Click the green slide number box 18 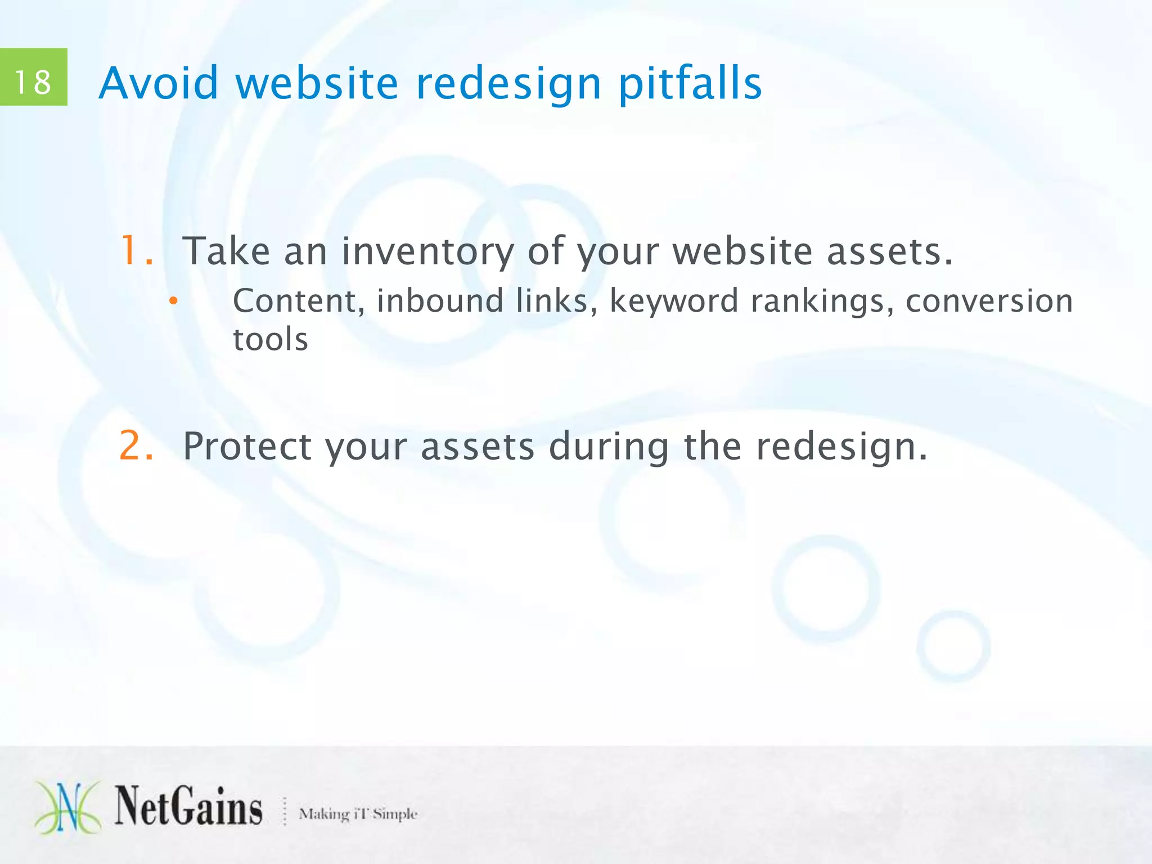(x=33, y=77)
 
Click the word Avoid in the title (x=158, y=83)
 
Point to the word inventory (x=427, y=251)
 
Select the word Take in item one (x=226, y=251)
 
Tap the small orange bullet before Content (x=174, y=301)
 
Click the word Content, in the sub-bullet (x=299, y=301)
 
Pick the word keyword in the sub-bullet (x=674, y=301)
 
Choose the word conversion (x=989, y=301)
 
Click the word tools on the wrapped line (x=271, y=340)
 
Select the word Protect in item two (x=247, y=447)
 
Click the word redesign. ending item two (x=841, y=447)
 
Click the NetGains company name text (x=188, y=807)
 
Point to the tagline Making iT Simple (x=358, y=813)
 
